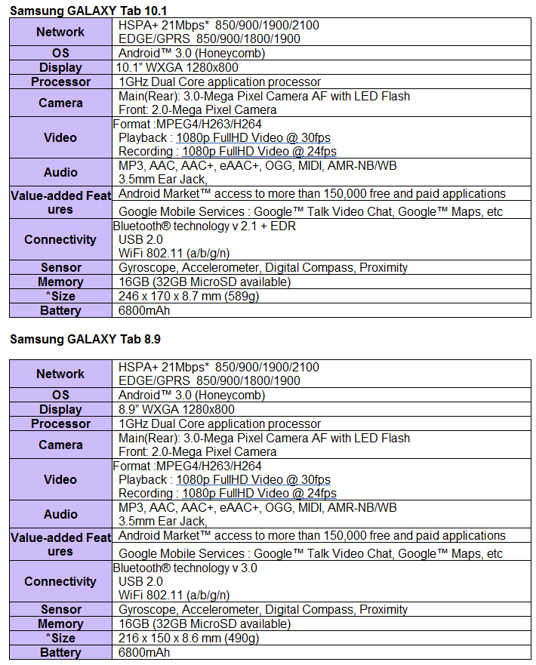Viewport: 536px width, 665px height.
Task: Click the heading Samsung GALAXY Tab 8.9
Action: [85, 339]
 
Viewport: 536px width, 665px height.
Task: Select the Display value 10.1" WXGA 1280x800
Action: [177, 68]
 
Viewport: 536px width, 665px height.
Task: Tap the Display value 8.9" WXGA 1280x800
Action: [177, 410]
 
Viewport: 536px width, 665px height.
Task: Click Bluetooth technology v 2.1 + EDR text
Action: [205, 226]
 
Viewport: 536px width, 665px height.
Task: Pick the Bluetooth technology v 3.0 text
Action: [185, 568]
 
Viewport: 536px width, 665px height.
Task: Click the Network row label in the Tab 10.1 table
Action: [60, 32]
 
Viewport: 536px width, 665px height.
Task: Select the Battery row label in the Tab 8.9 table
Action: [60, 653]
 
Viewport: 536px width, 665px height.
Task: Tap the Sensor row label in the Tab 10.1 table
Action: [61, 268]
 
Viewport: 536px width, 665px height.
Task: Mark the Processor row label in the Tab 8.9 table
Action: [60, 424]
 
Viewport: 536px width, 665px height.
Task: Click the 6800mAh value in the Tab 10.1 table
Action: [144, 310]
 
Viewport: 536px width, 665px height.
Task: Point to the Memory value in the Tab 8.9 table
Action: [204, 623]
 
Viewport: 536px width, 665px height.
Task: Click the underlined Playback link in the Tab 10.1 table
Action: [253, 138]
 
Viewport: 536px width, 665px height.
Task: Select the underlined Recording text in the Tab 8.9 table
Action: [259, 494]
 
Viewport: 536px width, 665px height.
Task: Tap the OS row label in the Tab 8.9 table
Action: [60, 396]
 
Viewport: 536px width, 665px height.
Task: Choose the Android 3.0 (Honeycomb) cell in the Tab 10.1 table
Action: [192, 54]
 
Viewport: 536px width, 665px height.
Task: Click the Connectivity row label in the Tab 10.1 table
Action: [60, 240]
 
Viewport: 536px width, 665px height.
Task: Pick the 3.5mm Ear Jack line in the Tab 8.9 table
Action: [162, 521]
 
